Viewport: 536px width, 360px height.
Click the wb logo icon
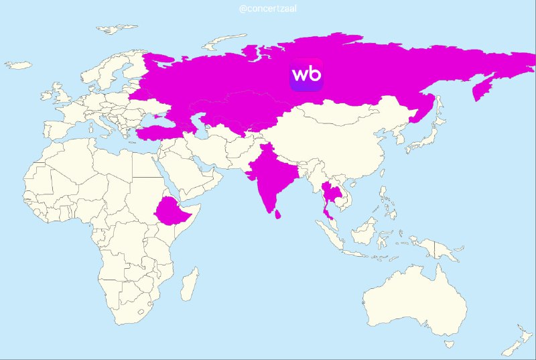tap(306, 74)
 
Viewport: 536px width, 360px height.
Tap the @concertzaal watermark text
tap(268, 9)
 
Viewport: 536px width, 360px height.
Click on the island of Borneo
tap(362, 231)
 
